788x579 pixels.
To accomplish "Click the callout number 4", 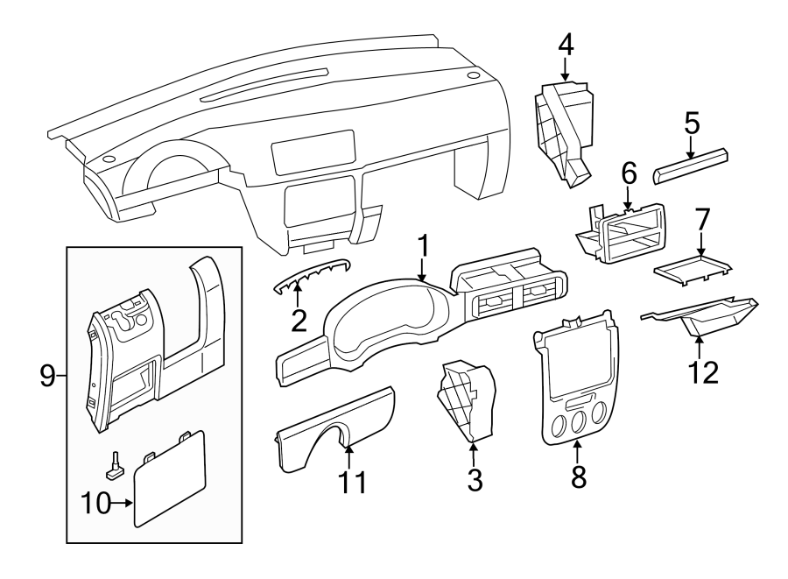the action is pyautogui.click(x=566, y=46).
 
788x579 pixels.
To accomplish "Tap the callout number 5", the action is pyautogui.click(x=692, y=124).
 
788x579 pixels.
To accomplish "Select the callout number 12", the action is pyautogui.click(x=703, y=372).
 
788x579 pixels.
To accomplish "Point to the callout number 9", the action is pyautogui.click(x=47, y=376).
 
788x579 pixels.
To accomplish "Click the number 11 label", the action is pyautogui.click(x=352, y=483).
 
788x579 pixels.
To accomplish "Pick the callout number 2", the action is pyautogui.click(x=299, y=321).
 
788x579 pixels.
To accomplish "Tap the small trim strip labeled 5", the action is pyautogui.click(x=691, y=166).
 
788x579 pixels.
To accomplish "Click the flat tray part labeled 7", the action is pyautogui.click(x=693, y=270).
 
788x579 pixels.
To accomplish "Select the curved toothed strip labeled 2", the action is pyautogui.click(x=312, y=274).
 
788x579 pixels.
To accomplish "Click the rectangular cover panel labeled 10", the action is pyautogui.click(x=169, y=479).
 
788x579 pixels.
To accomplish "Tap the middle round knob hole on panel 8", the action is pyautogui.click(x=578, y=423).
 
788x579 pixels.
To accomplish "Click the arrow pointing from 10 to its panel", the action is pyautogui.click(x=122, y=502).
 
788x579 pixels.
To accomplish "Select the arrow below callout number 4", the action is pyautogui.click(x=566, y=69).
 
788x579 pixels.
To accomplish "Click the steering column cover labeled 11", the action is pyautogui.click(x=334, y=428).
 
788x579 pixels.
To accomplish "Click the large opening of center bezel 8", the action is pyautogui.click(x=578, y=359).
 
